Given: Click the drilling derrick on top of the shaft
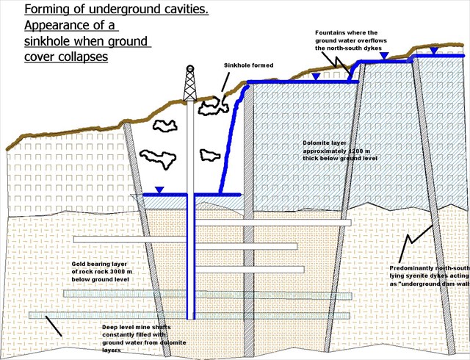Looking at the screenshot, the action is (x=190, y=82).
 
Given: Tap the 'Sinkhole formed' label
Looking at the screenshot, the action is (x=248, y=65).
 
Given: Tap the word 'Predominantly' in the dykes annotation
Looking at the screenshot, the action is (x=416, y=269).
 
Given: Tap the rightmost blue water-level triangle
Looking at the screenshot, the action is (x=435, y=51).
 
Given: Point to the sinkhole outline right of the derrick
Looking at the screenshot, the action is (x=211, y=106).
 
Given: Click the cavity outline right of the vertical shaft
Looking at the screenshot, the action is (x=209, y=154).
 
